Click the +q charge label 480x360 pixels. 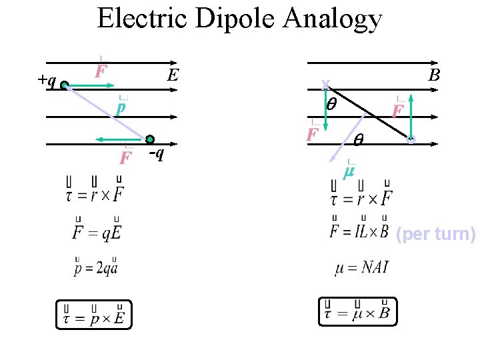[x=47, y=80]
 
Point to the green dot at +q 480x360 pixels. [x=65, y=85]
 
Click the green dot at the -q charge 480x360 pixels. [x=150, y=139]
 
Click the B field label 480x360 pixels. [x=434, y=75]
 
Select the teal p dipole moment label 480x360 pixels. [x=121, y=107]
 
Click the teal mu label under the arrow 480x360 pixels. [x=349, y=173]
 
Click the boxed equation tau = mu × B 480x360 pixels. [x=357, y=311]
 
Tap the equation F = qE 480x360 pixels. [x=97, y=231]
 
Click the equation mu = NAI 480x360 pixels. [x=362, y=268]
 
